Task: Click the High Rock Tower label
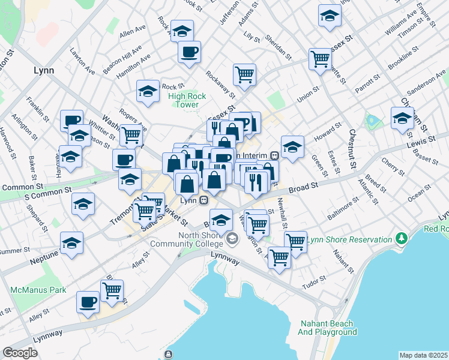(x=187, y=100)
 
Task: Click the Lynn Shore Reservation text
(x=349, y=239)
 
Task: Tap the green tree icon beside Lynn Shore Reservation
(x=400, y=239)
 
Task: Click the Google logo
(x=20, y=353)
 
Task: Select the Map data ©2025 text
(x=423, y=355)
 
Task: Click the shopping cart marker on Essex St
(x=321, y=59)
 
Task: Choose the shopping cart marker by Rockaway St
(x=244, y=74)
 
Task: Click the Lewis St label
(x=421, y=143)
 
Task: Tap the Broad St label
(x=303, y=188)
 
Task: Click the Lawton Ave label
(x=83, y=61)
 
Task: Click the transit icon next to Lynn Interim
(x=274, y=155)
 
